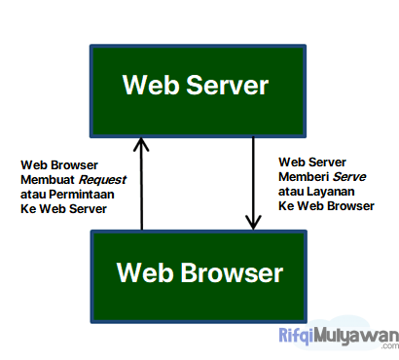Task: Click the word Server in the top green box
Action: click(224, 86)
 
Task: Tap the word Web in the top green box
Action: click(148, 86)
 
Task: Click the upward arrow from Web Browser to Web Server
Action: click(142, 185)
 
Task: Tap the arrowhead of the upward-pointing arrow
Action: click(142, 143)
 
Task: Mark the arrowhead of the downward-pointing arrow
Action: click(253, 223)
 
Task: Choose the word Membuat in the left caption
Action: click(47, 178)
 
